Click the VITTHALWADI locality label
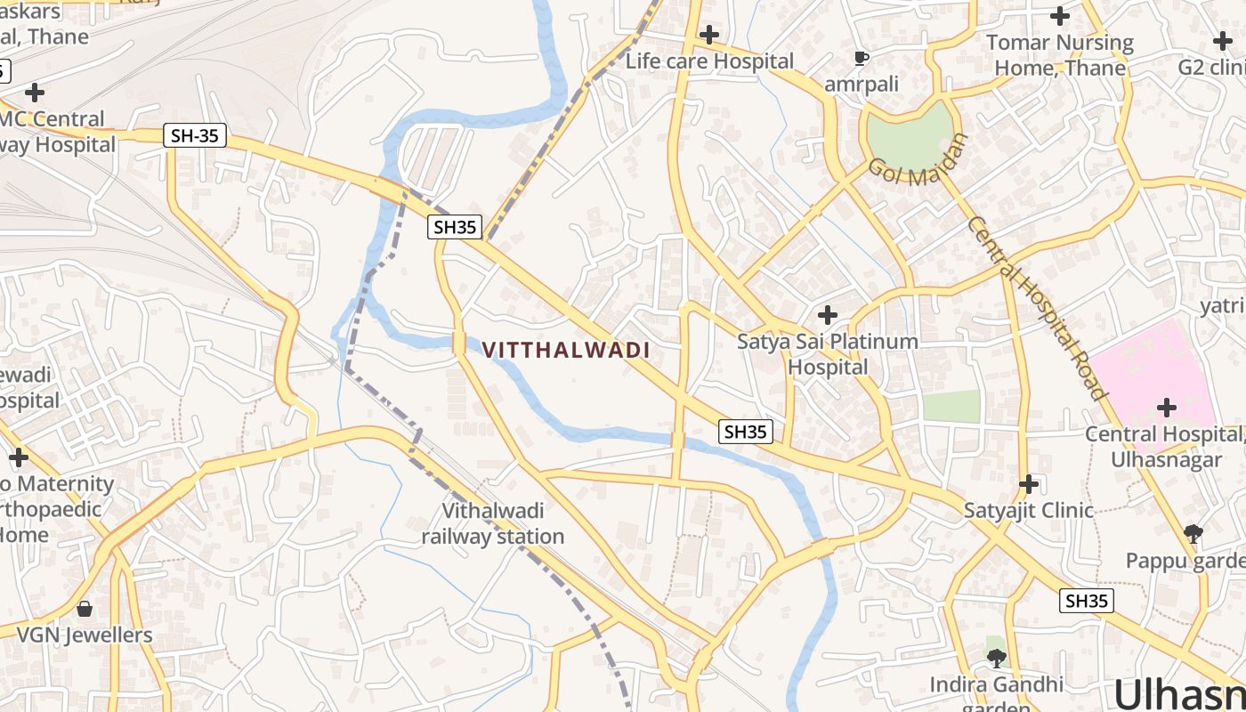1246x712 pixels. point(566,350)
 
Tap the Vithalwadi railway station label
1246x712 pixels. point(492,524)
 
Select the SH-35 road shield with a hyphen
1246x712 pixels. point(195,136)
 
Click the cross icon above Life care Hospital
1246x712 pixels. point(709,35)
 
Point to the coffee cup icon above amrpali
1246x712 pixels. point(861,59)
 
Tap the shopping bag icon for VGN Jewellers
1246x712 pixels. point(85,609)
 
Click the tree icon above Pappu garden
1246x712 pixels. point(1193,534)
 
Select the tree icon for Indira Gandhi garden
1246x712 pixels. point(997,659)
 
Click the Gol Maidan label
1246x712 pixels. point(918,159)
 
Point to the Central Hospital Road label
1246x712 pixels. point(1037,308)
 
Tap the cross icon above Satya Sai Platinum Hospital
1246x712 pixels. point(828,315)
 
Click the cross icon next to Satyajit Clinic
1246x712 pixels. point(1029,484)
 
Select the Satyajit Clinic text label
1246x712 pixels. point(1029,511)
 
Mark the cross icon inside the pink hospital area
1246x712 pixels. point(1166,408)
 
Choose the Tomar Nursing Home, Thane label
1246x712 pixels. point(1059,55)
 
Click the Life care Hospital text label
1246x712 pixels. point(709,61)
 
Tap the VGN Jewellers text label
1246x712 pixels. point(85,635)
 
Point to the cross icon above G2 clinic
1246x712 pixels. point(1223,41)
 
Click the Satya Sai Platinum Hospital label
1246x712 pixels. point(828,354)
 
